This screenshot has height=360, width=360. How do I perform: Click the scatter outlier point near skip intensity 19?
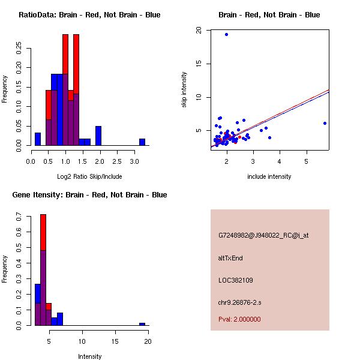(226, 34)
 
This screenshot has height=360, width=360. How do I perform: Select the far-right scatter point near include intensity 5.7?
(325, 123)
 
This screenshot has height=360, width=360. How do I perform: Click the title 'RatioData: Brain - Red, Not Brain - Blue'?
(89, 14)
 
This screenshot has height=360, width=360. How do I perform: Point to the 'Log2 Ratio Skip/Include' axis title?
(89, 176)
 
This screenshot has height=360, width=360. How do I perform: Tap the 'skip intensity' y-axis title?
(184, 90)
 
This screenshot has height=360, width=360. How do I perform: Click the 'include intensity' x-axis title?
(269, 176)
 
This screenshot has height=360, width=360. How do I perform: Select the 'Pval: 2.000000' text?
(239, 319)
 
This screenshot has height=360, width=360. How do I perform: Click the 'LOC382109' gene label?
(236, 280)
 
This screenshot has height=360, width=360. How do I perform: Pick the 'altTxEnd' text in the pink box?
(230, 258)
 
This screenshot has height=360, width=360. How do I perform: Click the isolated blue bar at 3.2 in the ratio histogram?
(142, 142)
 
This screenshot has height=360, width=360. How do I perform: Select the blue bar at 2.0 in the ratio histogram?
(98, 136)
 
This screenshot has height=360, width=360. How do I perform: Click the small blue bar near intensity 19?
(142, 324)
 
